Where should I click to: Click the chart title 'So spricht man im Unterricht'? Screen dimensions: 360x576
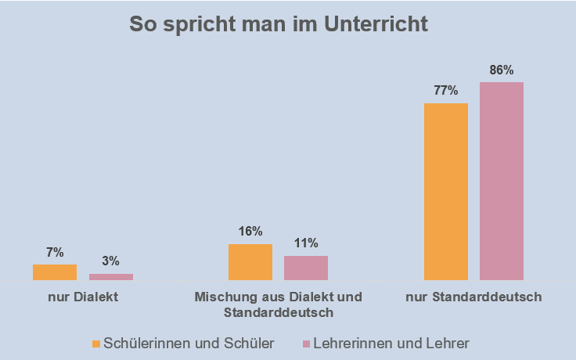(x=279, y=23)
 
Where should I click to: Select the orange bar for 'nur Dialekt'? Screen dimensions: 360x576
(x=55, y=272)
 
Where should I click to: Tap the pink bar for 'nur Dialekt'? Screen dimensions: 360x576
(x=110, y=276)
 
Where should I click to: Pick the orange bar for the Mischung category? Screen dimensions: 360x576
(x=250, y=261)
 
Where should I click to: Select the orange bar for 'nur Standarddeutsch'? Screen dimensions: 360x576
(x=446, y=191)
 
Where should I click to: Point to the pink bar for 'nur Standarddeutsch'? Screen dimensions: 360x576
(x=502, y=181)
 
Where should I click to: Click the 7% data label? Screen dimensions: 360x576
(x=55, y=252)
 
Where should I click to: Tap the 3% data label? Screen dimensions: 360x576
(x=110, y=261)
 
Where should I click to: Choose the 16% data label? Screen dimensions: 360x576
(x=250, y=232)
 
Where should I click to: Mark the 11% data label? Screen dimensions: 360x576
(x=306, y=243)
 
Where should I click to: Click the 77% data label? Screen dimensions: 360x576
(x=446, y=90)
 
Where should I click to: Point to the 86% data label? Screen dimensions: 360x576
(x=502, y=70)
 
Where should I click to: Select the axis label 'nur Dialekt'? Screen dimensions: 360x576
(x=82, y=297)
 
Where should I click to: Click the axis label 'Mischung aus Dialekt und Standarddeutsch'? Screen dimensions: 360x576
(x=278, y=304)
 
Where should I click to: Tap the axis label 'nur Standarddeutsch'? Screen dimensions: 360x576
(x=474, y=297)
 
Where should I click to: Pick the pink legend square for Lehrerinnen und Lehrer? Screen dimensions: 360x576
(x=306, y=344)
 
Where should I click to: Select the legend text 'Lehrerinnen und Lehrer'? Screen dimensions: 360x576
(x=391, y=343)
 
